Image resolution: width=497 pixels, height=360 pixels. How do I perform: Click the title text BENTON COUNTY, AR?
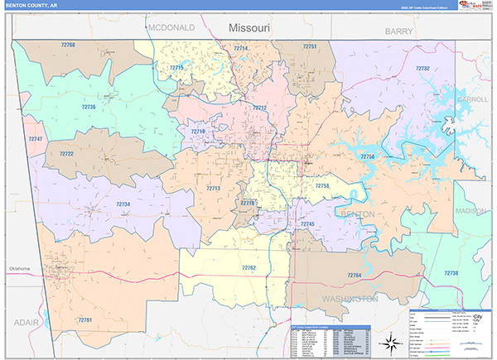click(x=31, y=5)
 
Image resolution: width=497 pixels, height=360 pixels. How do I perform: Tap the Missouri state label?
click(x=249, y=28)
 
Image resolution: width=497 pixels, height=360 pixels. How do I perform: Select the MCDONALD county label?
click(x=171, y=27)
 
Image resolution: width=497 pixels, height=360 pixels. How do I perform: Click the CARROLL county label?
click(x=472, y=99)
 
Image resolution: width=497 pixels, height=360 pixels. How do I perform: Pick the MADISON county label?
click(x=470, y=211)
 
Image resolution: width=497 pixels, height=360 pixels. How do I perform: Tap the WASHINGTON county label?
click(x=349, y=297)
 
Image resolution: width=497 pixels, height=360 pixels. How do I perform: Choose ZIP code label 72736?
click(x=89, y=107)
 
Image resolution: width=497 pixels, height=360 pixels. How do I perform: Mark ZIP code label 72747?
click(x=35, y=139)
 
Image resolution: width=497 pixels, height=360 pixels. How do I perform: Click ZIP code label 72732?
click(x=422, y=69)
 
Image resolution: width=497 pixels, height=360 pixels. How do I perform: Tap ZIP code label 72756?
click(x=367, y=156)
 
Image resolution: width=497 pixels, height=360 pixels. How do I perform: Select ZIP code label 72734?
click(x=123, y=204)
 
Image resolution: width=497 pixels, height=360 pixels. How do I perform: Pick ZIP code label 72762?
click(x=248, y=268)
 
